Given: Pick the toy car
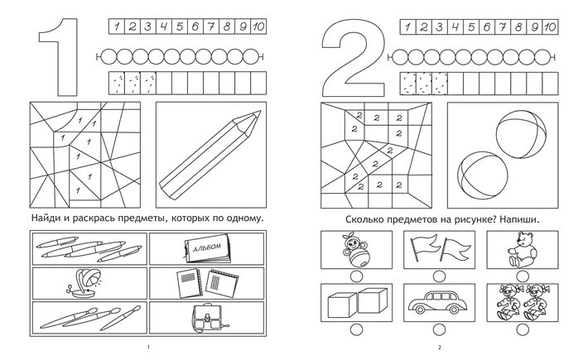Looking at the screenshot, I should tap(436, 301).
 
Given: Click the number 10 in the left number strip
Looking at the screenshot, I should tap(258, 27).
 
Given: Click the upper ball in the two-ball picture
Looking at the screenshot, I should tap(517, 132).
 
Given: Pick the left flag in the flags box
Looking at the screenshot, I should tap(423, 245).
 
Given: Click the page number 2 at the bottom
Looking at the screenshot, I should tap(441, 346).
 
